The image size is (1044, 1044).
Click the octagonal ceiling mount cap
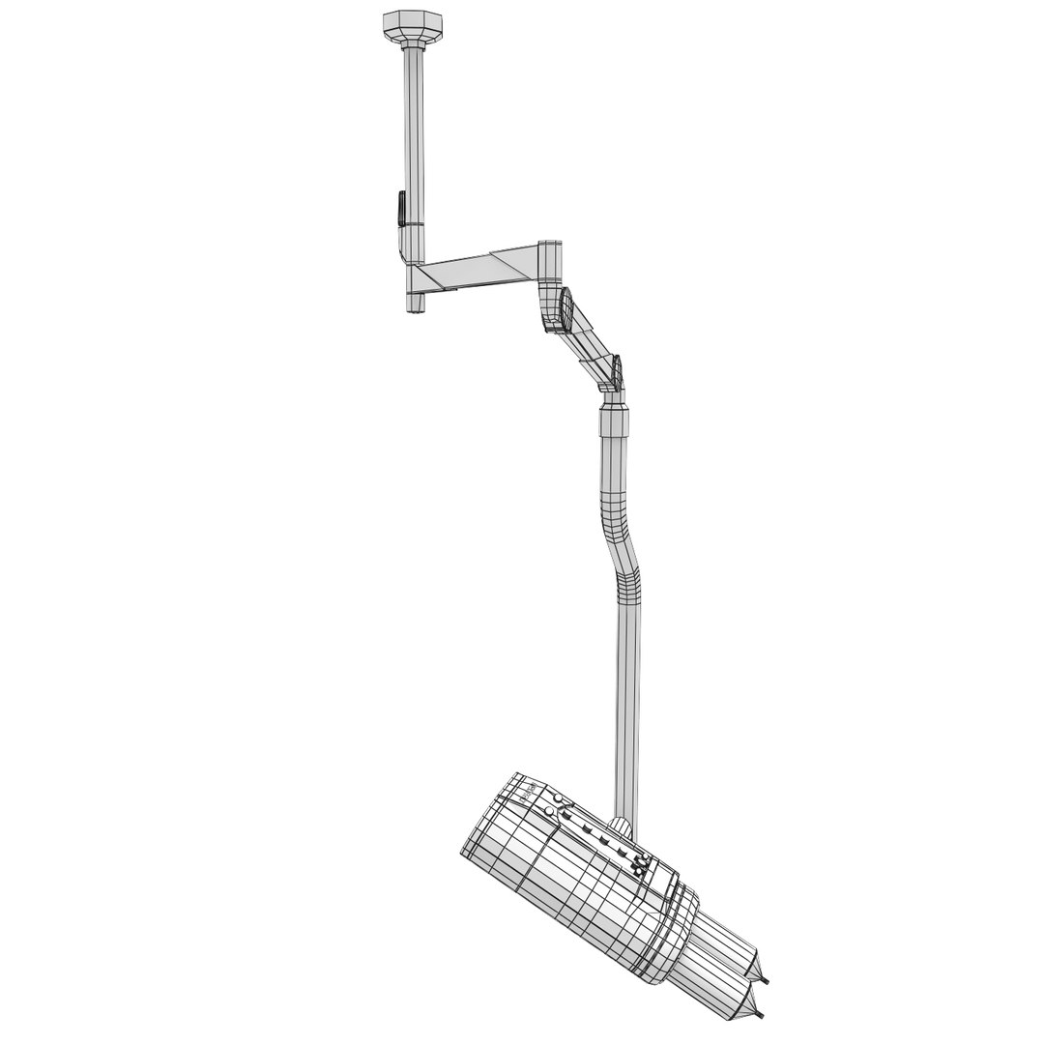(x=410, y=26)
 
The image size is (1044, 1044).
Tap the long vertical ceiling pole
(x=414, y=135)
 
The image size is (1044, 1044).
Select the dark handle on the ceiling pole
(x=400, y=209)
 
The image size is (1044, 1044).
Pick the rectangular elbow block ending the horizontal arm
(x=548, y=260)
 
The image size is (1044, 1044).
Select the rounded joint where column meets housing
(x=623, y=827)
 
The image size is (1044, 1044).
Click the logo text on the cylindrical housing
(x=530, y=791)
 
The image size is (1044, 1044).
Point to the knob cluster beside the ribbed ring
(x=639, y=866)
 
